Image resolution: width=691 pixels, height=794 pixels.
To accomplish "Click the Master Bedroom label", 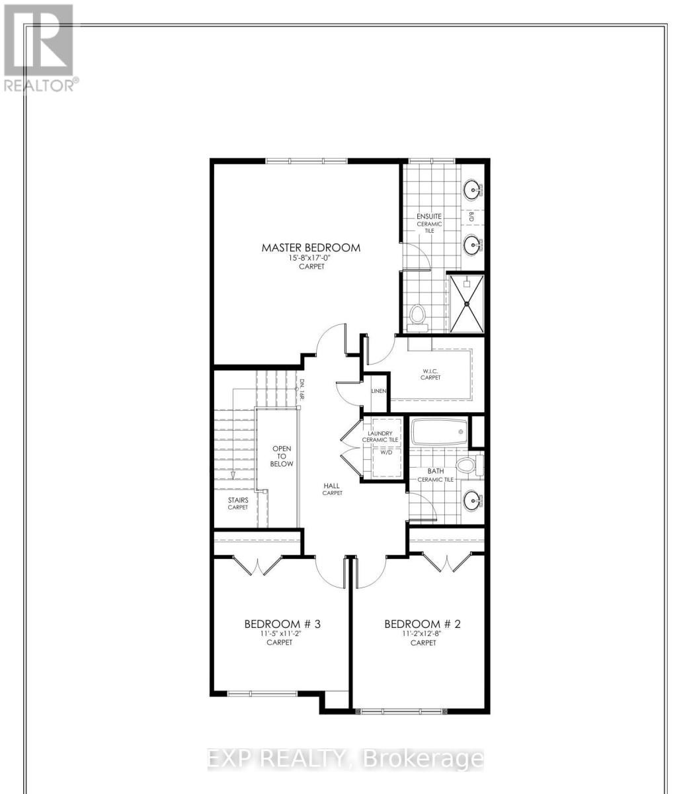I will pyautogui.click(x=311, y=247).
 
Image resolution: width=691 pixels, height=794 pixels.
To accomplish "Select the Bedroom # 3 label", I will pyautogui.click(x=283, y=624).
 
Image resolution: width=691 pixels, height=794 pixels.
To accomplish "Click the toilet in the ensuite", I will pyautogui.click(x=417, y=314).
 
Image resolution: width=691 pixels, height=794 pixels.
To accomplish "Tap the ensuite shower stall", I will pyautogui.click(x=467, y=302).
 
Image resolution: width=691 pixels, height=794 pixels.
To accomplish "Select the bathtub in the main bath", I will pyautogui.click(x=440, y=432).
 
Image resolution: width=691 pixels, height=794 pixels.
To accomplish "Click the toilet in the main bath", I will pyautogui.click(x=469, y=465).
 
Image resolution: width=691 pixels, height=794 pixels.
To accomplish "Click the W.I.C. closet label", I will pyautogui.click(x=430, y=374).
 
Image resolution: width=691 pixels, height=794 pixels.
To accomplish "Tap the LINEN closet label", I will pyautogui.click(x=378, y=391).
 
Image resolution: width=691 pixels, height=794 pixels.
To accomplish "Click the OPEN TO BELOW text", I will pyautogui.click(x=282, y=457).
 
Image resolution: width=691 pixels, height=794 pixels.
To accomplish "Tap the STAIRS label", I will pyautogui.click(x=238, y=504).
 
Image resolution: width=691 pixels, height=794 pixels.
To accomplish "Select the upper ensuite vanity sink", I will pyautogui.click(x=472, y=190).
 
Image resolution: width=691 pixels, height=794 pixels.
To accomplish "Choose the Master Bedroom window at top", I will pyautogui.click(x=306, y=161).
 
